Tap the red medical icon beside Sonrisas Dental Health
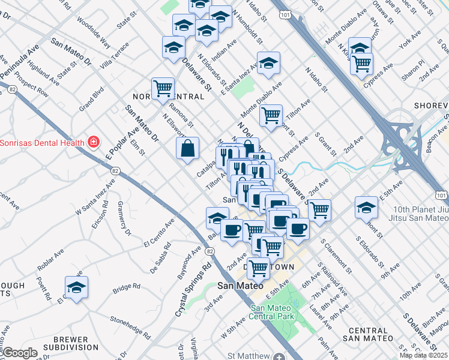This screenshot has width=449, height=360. (93, 142)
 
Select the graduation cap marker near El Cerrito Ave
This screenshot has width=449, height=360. (76, 287)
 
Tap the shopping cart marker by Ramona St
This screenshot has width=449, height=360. (163, 89)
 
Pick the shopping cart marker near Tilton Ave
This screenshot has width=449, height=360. (271, 114)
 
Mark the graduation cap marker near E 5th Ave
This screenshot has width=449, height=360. (366, 207)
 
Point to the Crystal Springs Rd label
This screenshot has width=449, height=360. (194, 290)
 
